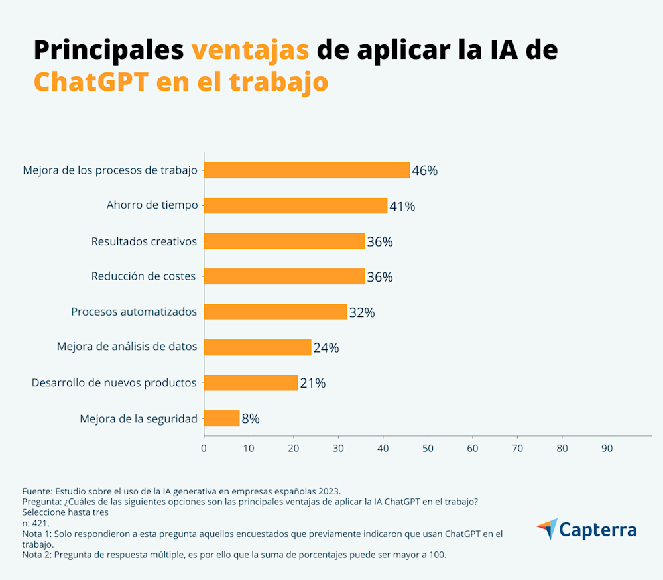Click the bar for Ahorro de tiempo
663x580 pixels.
pos(295,205)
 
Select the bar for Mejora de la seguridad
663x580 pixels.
pos(221,418)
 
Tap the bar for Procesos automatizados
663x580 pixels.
pos(275,312)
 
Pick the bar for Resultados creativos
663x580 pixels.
pos(284,241)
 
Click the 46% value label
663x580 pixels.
pos(424,170)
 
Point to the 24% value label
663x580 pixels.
pos(326,347)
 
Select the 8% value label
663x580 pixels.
pos(250,418)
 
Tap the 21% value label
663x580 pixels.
pos(312,383)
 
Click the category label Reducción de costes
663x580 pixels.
pos(143,276)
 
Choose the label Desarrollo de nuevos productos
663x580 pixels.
pos(114,382)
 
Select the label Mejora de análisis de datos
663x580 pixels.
pos(127,347)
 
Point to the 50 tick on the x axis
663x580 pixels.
pos(428,449)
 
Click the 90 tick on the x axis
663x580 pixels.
pos(607,449)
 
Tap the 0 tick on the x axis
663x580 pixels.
pos(204,449)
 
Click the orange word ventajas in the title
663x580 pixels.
pos(250,50)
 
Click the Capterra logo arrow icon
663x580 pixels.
pos(547,529)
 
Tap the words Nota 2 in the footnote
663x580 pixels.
pos(36,555)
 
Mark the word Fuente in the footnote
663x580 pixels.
pos(36,491)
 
